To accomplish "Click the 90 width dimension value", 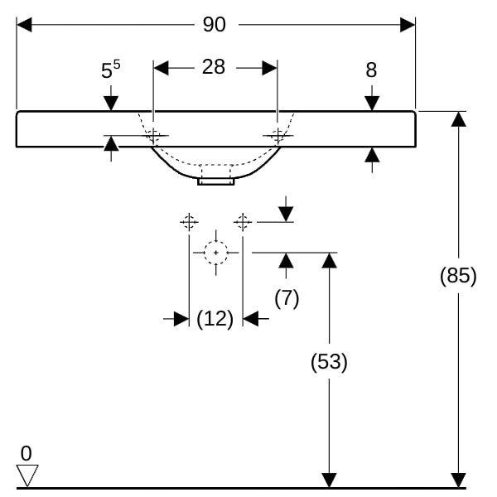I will pyautogui.click(x=214, y=25).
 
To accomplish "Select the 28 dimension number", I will pyautogui.click(x=214, y=67).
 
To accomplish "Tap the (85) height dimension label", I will pyautogui.click(x=458, y=276).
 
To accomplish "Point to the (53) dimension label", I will pyautogui.click(x=329, y=362).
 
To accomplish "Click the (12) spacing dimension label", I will pyautogui.click(x=215, y=318).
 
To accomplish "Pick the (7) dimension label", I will pyautogui.click(x=286, y=298).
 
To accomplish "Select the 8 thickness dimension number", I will pyautogui.click(x=371, y=71).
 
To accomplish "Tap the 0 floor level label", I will pyautogui.click(x=26, y=454).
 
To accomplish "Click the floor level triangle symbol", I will pyautogui.click(x=27, y=475).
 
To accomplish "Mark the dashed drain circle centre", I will pyautogui.click(x=215, y=251).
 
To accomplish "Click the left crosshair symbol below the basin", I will pyautogui.click(x=189, y=221).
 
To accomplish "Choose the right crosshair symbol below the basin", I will pyautogui.click(x=242, y=221).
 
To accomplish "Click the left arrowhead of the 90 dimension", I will pyautogui.click(x=24, y=25).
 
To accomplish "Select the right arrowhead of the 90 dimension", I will pyautogui.click(x=408, y=25).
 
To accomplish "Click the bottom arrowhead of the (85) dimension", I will pyautogui.click(x=458, y=480).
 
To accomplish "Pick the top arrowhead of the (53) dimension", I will pyautogui.click(x=329, y=260).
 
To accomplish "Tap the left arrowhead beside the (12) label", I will pyautogui.click(x=181, y=319).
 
